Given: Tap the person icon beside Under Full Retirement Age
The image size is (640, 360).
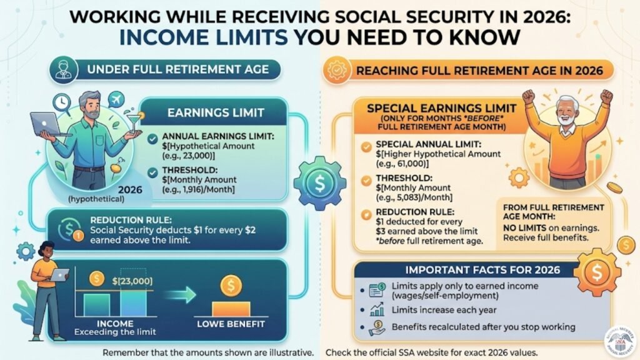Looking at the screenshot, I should (x=62, y=69).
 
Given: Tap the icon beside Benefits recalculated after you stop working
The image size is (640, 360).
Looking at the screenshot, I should (x=377, y=327).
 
